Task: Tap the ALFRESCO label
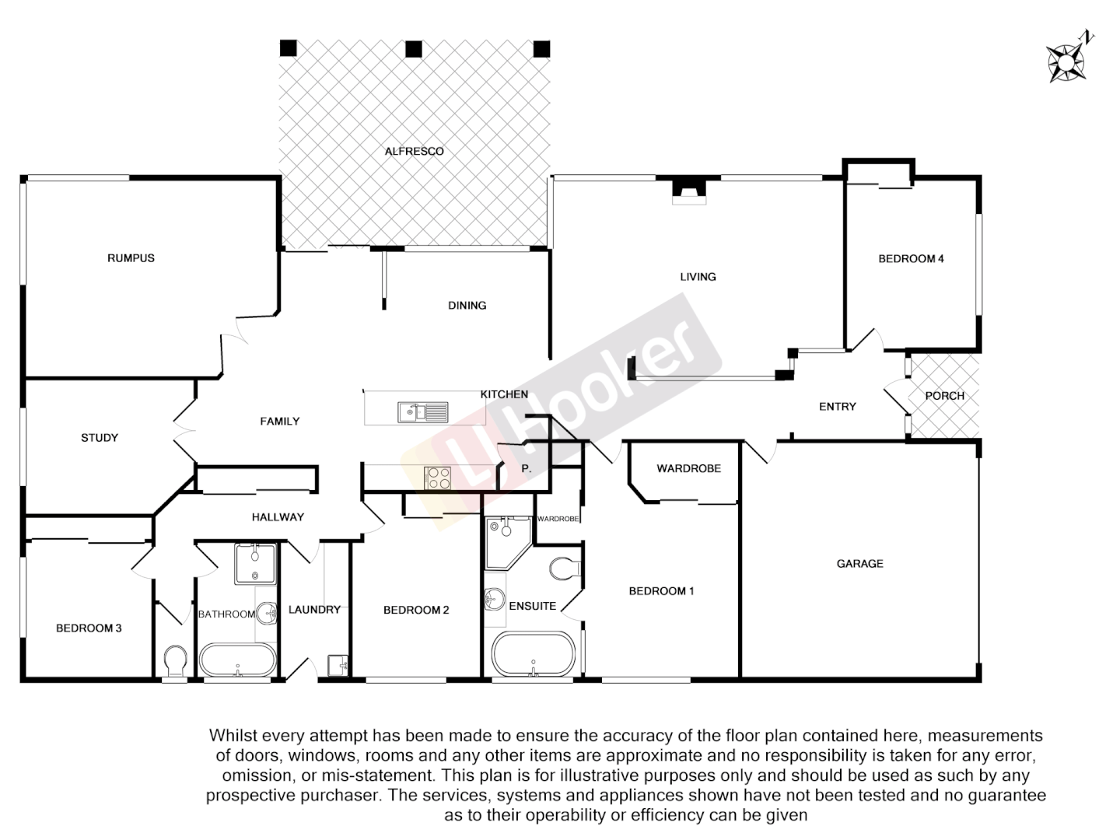414,151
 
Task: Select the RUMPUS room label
131,257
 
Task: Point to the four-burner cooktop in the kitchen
437,477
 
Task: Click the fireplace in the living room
689,191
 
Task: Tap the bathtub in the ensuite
534,653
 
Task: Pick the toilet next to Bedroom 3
176,663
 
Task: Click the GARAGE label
859,563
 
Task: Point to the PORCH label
944,395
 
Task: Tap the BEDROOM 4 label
911,258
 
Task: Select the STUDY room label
100,437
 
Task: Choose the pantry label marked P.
526,468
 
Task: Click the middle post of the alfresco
414,49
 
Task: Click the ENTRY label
837,406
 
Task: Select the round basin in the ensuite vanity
492,599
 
